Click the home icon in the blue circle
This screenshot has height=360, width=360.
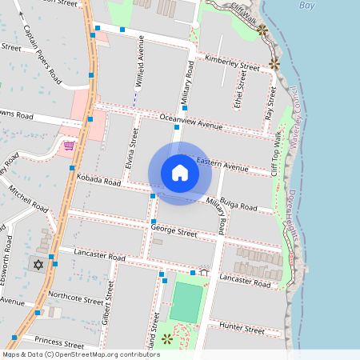click(179, 173)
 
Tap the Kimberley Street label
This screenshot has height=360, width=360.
click(231, 62)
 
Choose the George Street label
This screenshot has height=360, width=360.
click(174, 233)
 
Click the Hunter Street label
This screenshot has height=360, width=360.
click(242, 328)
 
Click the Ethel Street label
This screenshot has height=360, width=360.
click(238, 89)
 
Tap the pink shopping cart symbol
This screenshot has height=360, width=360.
click(69, 146)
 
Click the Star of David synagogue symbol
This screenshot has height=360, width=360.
click(37, 263)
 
